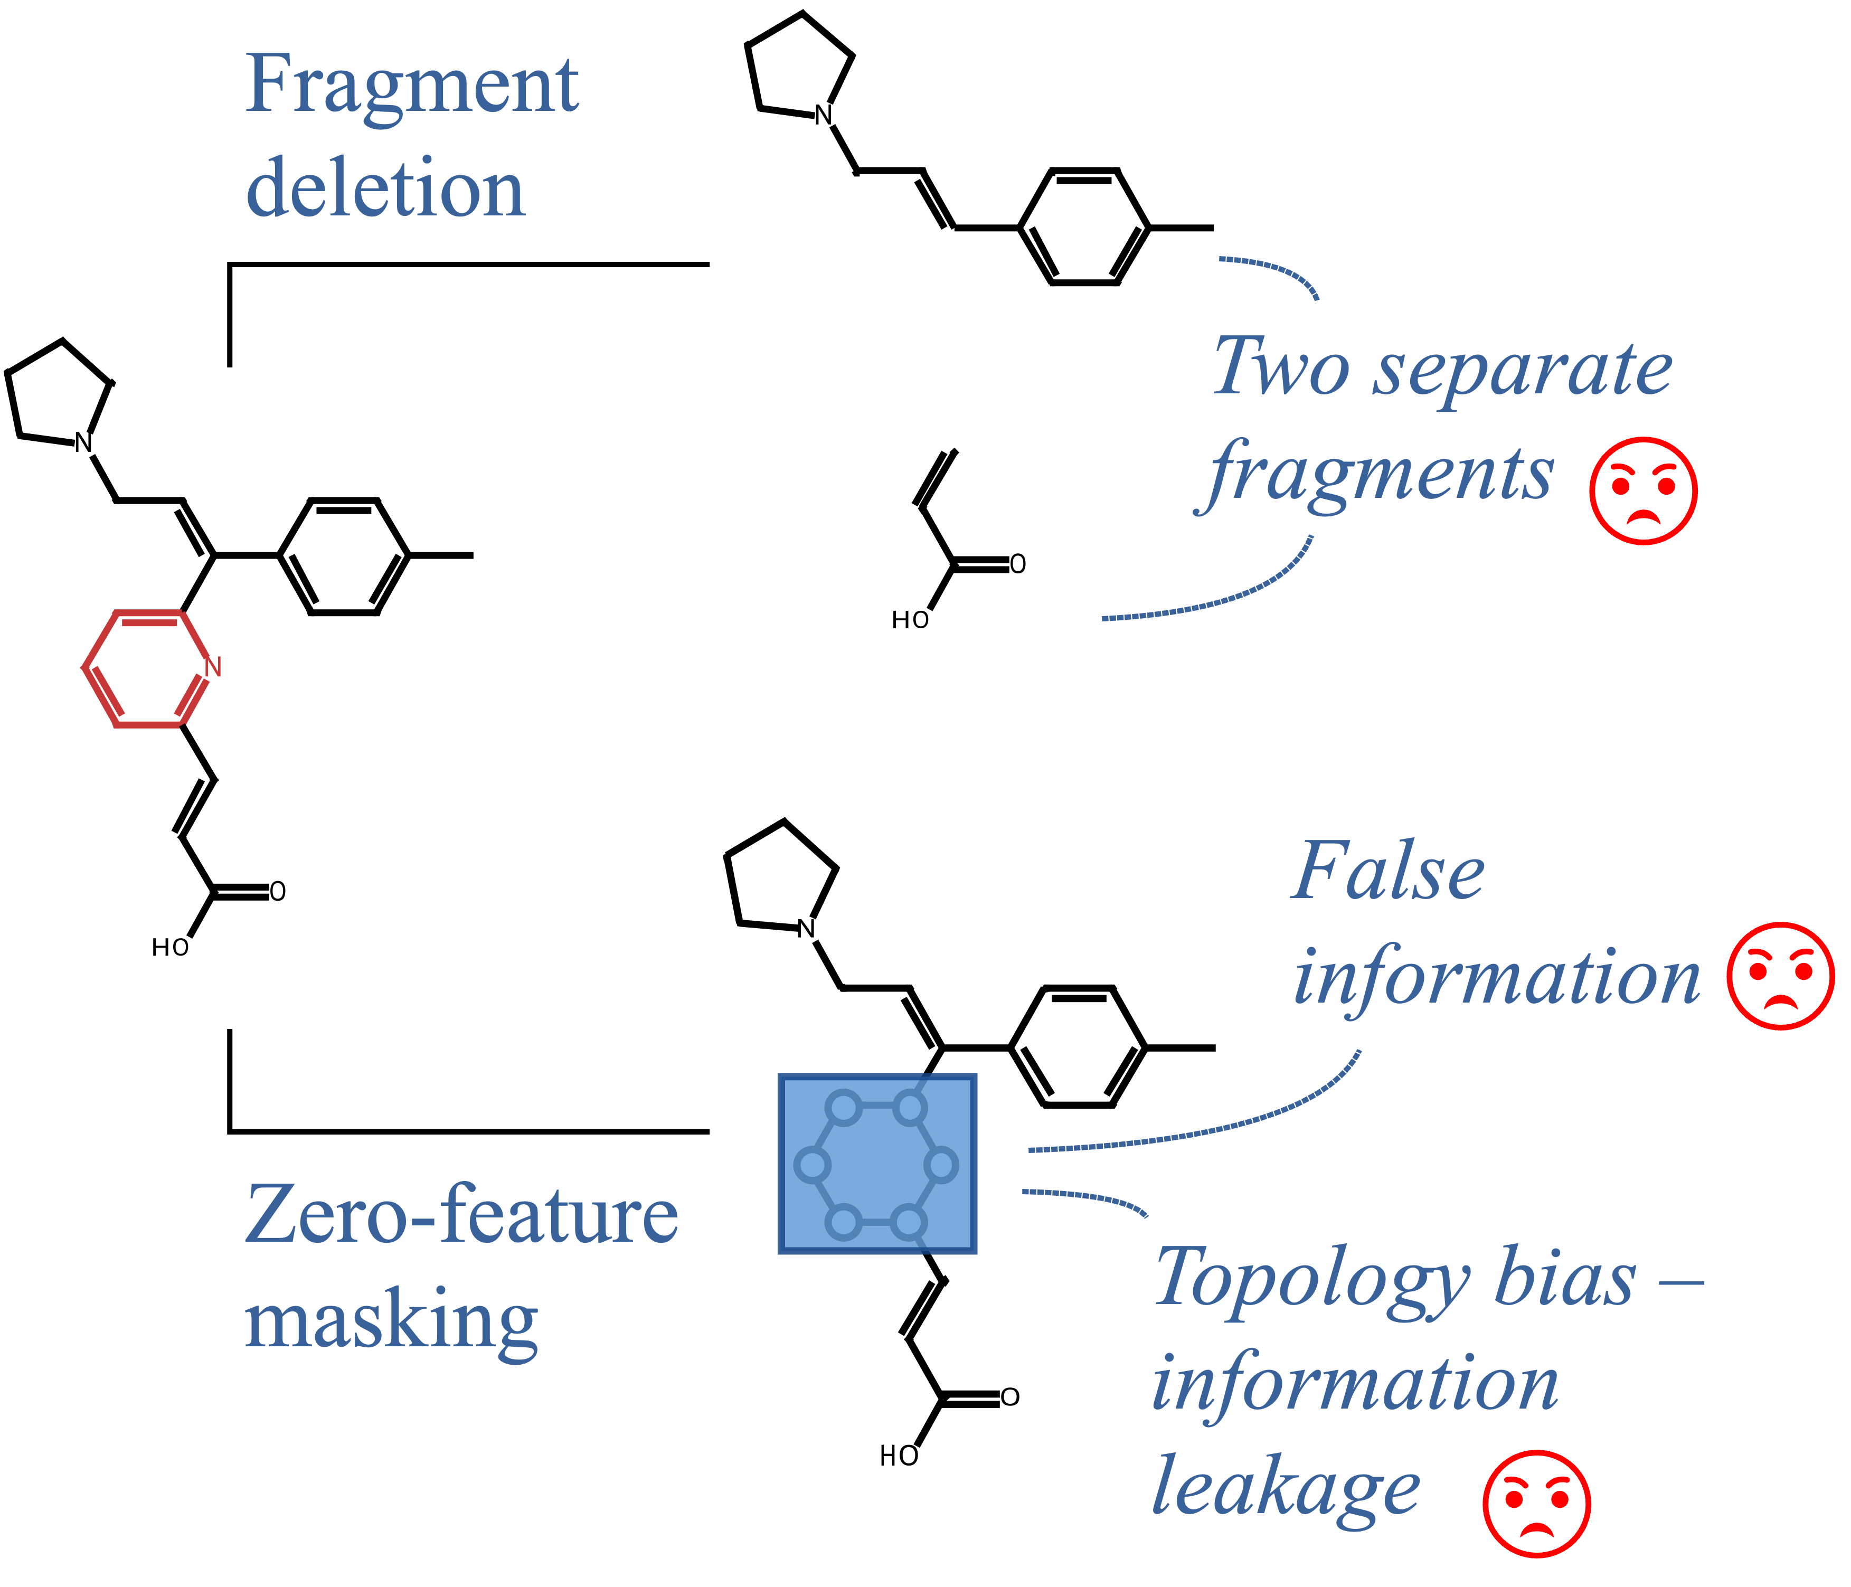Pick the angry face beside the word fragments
pos(1642,490)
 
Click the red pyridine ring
pos(146,668)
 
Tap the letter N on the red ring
pos(213,667)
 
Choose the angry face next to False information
pos(1780,976)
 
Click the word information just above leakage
pos(1355,1383)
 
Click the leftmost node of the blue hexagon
pos(812,1165)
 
